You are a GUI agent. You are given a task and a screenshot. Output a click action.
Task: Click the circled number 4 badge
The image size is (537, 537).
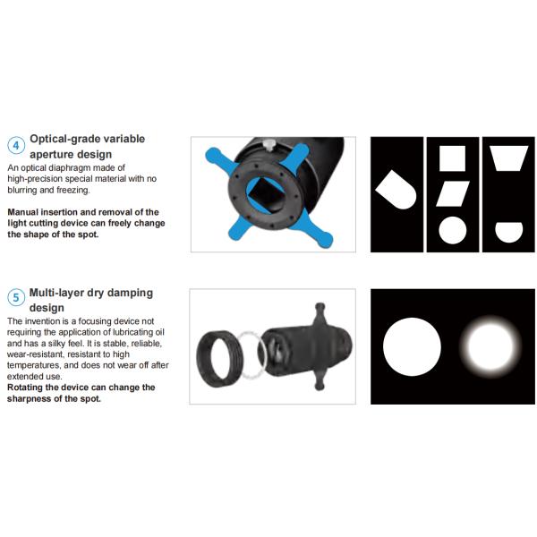[16, 146]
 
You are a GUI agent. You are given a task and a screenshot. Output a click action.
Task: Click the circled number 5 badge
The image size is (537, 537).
[16, 296]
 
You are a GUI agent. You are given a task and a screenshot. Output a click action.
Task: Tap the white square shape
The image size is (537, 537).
[452, 158]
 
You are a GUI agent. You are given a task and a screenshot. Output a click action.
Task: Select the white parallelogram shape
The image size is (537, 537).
[452, 194]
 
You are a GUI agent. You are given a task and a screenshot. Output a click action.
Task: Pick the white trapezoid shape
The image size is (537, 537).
[509, 158]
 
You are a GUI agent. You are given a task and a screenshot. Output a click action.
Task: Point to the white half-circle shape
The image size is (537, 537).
[509, 232]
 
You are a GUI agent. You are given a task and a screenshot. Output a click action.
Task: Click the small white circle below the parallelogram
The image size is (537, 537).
[452, 230]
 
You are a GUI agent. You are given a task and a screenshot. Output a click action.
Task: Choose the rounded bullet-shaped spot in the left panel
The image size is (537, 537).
[396, 190]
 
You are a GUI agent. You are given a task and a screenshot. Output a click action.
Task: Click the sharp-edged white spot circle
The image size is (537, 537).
[412, 346]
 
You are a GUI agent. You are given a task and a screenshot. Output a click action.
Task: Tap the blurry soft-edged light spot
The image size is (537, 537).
[490, 346]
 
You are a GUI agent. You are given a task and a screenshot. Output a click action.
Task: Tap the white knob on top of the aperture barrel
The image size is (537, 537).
[269, 144]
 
